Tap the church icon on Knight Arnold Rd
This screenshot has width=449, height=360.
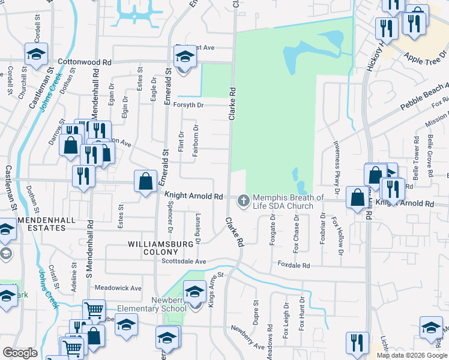coord(244,200)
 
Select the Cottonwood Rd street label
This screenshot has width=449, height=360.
coord(85,62)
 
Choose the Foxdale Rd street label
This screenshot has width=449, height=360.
coord(294,265)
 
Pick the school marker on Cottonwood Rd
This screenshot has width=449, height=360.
coord(184,58)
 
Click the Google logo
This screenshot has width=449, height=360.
coord(20,353)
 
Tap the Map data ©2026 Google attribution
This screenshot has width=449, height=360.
coord(411,355)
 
